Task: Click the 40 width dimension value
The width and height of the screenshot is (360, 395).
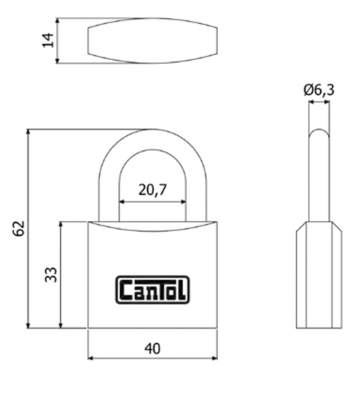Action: point(152,348)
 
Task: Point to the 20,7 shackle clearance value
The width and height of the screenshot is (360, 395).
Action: point(152,190)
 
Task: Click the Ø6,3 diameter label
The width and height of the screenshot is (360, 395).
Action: point(319,90)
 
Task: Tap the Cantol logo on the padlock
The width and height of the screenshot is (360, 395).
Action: point(152,290)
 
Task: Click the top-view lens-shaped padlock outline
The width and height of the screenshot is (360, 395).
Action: point(152,41)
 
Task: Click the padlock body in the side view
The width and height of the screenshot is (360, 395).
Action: point(319,275)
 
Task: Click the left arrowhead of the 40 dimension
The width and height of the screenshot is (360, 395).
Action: point(91,358)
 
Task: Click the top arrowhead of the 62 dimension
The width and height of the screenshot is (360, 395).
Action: point(28,132)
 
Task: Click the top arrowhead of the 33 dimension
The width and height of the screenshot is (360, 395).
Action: point(61,225)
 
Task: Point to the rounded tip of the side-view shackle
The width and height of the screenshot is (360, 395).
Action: point(319,131)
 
